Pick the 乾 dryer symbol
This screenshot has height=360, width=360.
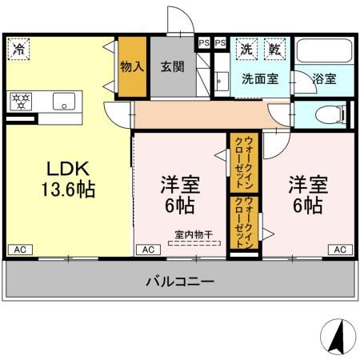click(x=274, y=48)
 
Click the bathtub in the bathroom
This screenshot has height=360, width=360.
click(x=324, y=52)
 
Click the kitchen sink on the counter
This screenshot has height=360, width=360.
click(x=62, y=102)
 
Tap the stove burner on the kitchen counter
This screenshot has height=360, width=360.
click(x=19, y=102)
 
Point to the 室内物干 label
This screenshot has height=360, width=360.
click(x=195, y=234)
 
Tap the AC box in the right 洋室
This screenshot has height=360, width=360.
click(x=339, y=250)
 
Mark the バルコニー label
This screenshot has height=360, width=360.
click(x=179, y=282)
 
